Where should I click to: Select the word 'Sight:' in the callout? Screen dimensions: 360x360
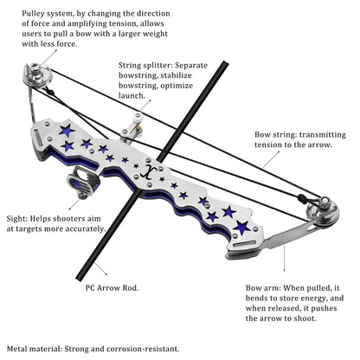[17, 218]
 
